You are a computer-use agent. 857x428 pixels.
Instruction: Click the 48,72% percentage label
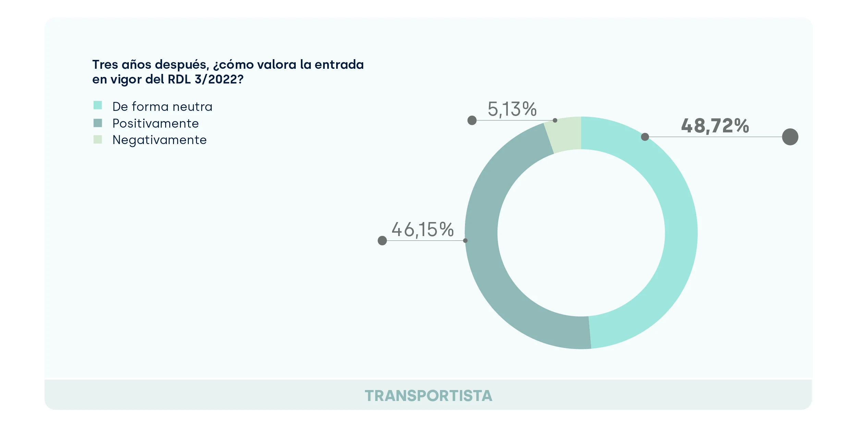pos(715,126)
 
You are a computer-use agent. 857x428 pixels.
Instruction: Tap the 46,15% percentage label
pos(423,230)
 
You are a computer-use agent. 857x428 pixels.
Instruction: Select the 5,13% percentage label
pos(512,109)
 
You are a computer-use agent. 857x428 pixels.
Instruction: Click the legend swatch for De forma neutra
pos(98,105)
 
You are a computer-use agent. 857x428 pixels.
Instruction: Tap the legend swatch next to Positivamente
pos(98,123)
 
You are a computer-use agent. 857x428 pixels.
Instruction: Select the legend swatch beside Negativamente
pos(98,140)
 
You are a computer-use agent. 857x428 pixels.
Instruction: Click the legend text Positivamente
pos(156,124)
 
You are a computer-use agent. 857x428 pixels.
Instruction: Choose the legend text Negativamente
pos(159,140)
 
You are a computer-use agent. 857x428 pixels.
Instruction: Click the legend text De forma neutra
pos(162,107)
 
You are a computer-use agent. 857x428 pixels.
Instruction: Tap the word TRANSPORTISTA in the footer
pos(428,396)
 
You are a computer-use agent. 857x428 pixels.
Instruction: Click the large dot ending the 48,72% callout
pos(790,137)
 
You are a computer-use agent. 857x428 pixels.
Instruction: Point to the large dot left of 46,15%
pos(382,241)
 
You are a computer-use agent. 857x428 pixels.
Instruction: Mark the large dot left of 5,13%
pos(472,120)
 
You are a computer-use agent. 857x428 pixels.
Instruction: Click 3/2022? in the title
pos(219,79)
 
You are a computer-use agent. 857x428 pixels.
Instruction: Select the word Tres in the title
pos(105,65)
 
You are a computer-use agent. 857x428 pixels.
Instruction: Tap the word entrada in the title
pos(339,65)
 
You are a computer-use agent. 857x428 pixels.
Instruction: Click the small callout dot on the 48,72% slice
pos(645,137)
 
